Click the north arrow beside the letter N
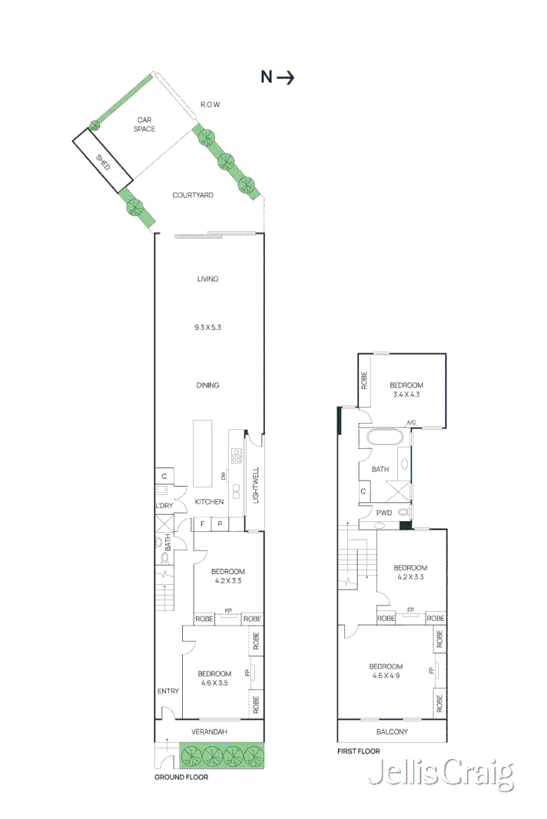point(286,77)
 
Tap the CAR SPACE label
point(146,124)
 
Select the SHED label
point(102,163)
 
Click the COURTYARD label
point(193,196)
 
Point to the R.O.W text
point(211,104)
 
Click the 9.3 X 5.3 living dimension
point(207,328)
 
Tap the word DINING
point(207,385)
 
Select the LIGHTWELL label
point(257,486)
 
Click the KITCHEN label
point(209,502)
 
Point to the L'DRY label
point(164,506)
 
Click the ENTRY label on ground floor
point(168,692)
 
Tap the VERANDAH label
point(209,732)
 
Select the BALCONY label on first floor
point(392,732)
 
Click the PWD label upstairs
point(383,513)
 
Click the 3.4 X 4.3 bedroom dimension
point(406,395)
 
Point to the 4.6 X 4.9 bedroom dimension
point(386,676)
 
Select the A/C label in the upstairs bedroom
point(411,423)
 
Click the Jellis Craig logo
point(441,774)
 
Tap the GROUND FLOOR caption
point(181,777)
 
